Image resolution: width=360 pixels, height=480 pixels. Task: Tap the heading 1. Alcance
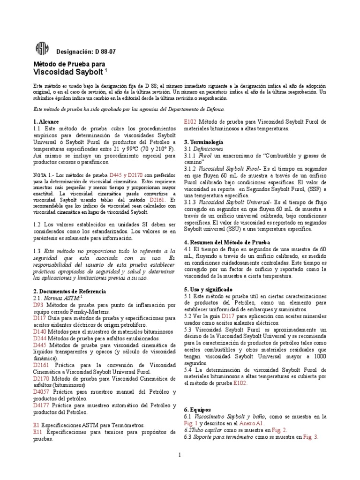point(46,121)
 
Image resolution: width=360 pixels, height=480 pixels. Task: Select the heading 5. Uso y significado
point(208,290)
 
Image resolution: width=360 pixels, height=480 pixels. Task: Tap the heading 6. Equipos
point(198,409)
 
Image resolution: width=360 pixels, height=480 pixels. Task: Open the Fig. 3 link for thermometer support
point(310,436)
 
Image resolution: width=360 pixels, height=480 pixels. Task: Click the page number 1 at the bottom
point(180,455)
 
